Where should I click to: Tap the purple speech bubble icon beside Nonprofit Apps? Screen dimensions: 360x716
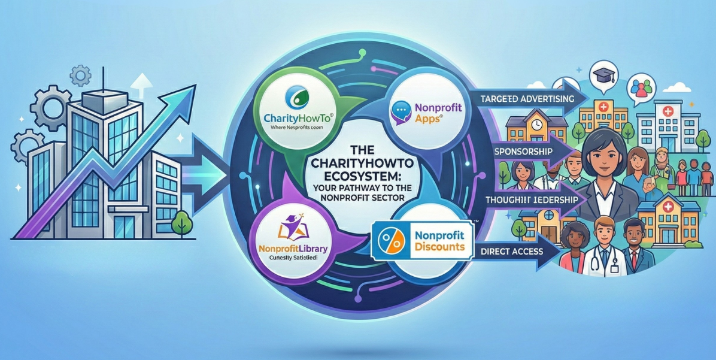point(399,112)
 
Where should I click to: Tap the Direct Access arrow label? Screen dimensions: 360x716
point(511,251)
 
